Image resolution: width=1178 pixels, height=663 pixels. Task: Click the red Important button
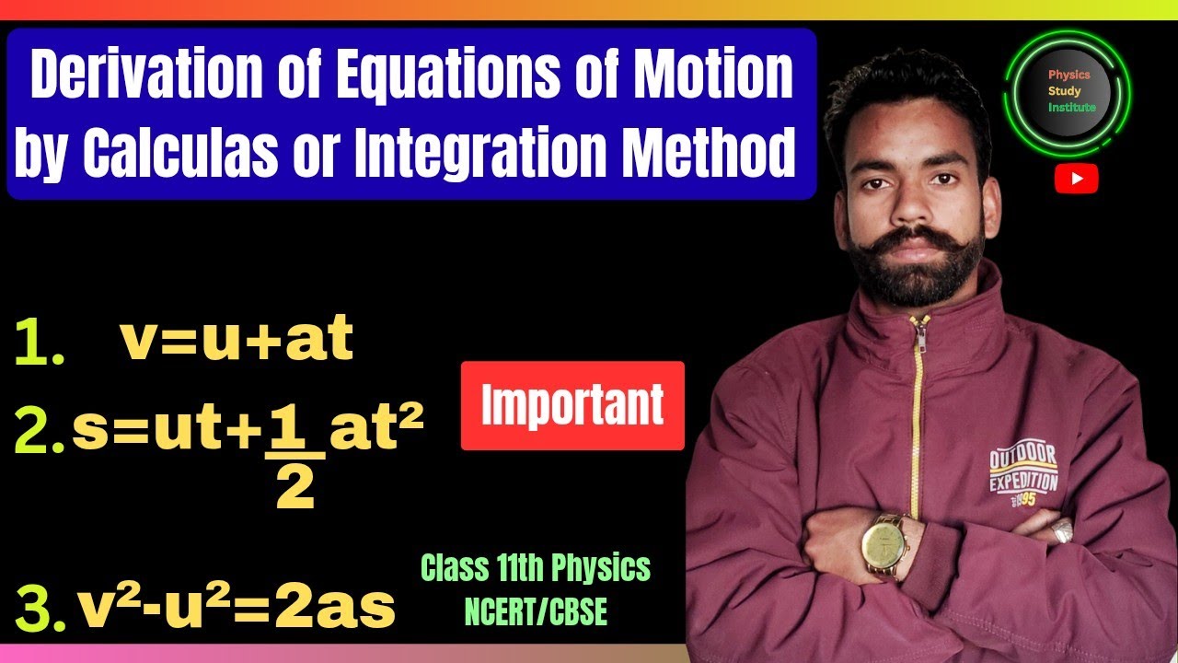[572, 405]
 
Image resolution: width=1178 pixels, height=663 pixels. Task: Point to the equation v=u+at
[237, 341]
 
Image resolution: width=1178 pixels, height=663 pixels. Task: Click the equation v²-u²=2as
[237, 608]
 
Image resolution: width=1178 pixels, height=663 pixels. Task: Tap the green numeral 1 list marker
[40, 345]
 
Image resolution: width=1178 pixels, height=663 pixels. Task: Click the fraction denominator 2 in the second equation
[295, 488]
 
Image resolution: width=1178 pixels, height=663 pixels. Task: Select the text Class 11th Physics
[536, 569]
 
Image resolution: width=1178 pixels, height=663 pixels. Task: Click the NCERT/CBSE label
[536, 612]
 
